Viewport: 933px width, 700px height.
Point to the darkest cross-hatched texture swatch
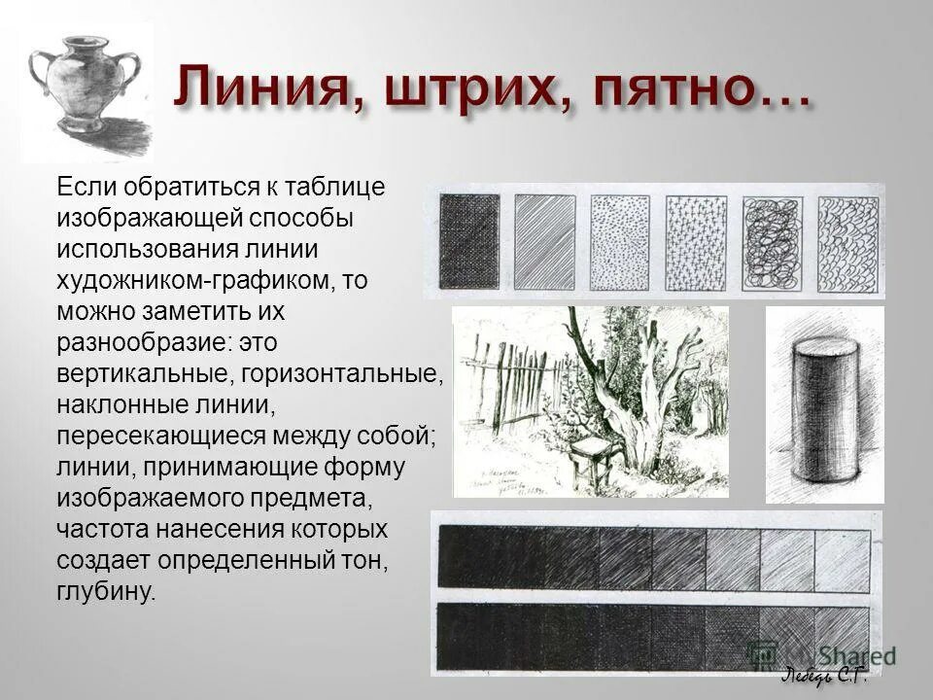click(x=469, y=238)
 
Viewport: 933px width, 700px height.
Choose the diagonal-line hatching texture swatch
click(x=545, y=238)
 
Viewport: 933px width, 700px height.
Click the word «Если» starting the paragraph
click(x=83, y=187)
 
